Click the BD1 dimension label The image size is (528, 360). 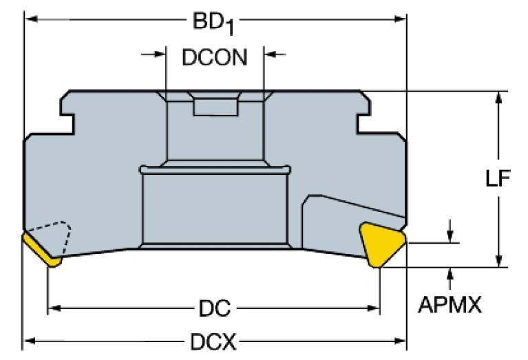coord(213,23)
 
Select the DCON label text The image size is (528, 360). coord(215,57)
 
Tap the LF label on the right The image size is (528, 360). coord(498,178)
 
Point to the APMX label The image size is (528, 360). coord(450,305)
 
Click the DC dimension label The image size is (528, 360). coord(215,308)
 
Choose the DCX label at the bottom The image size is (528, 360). coord(213,342)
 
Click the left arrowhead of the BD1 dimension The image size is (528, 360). coord(31,19)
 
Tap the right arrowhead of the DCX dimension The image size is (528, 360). coord(400,341)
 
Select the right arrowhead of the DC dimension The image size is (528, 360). coord(373,308)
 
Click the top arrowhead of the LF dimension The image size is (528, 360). coord(499,98)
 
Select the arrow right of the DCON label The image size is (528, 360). coord(275,54)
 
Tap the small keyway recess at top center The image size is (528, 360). coord(215,107)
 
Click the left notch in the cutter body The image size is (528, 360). coord(67,125)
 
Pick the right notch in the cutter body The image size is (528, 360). coord(363,124)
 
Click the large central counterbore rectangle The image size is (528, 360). coord(215,209)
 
